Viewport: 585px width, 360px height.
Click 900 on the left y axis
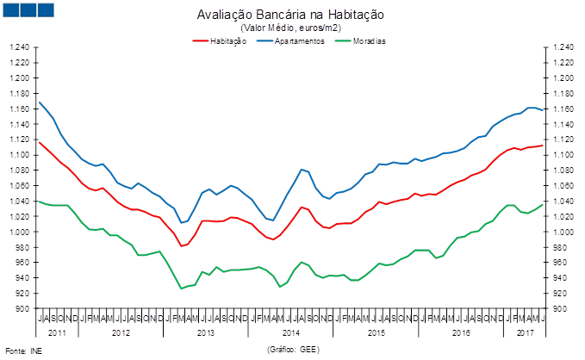22,309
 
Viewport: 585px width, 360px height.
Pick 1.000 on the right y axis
565,233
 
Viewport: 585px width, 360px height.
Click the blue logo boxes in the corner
28,10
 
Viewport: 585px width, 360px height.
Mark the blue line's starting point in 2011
40,102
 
